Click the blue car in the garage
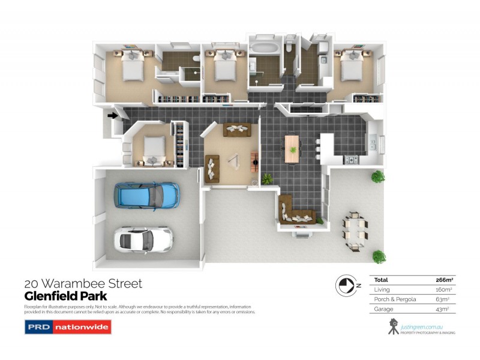point(146,195)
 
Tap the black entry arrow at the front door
point(112,116)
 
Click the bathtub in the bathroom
point(264,47)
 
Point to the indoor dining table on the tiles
point(292,147)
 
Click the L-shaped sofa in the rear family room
point(296,214)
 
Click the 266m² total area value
point(443,280)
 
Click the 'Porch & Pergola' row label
point(390,299)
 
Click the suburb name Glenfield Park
point(65,296)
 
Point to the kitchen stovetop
point(350,160)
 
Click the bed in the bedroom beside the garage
point(152,147)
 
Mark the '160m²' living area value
point(444,289)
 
